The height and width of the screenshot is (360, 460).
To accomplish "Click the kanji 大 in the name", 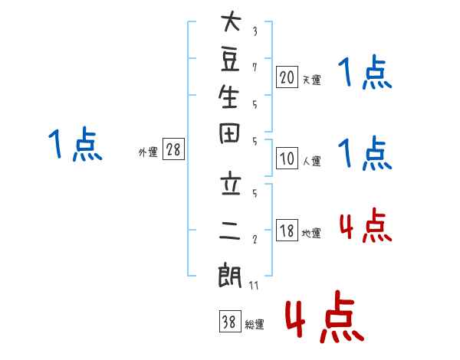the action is click(232, 21).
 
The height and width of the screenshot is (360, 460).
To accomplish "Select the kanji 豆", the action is click(230, 60).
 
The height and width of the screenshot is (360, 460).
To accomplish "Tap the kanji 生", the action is click(228, 97).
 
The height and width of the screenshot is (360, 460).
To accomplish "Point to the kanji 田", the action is click(229, 133).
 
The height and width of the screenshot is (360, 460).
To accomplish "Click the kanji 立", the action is click(231, 185).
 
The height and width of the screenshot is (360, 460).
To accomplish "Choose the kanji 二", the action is click(230, 230).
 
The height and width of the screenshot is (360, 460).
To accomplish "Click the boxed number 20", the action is click(287, 77).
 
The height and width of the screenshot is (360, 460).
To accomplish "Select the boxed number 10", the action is click(287, 158).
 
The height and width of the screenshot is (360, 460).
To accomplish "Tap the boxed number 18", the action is click(287, 230).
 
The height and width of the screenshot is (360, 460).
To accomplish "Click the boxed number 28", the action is click(173, 149).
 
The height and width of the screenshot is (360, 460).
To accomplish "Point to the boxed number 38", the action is click(230, 321).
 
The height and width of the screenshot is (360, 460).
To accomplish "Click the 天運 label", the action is click(312, 80).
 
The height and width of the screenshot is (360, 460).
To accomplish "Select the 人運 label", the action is click(312, 161).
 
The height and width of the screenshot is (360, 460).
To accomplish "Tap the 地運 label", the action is click(311, 233).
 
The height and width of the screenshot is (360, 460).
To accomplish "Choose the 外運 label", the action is click(148, 152).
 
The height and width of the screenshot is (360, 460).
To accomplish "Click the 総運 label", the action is click(255, 325).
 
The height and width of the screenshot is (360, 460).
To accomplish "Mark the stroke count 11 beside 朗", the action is click(254, 286).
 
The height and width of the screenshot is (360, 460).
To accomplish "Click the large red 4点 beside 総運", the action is click(325, 316).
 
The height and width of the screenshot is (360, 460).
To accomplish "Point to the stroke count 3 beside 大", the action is click(255, 31).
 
